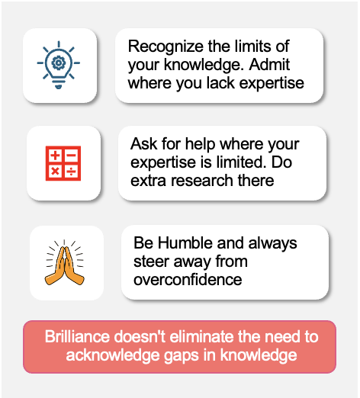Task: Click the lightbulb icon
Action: click(x=59, y=65)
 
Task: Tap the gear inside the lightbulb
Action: click(x=59, y=63)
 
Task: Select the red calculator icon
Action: click(x=63, y=163)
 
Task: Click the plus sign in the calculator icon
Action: click(x=55, y=155)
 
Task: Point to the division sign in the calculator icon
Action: click(x=72, y=172)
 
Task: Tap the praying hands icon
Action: click(x=65, y=262)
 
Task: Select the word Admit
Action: click(x=269, y=65)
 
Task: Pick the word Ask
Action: click(x=143, y=144)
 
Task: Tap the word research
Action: click(x=202, y=181)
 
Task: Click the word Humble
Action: click(x=185, y=242)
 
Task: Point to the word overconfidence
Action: click(x=188, y=280)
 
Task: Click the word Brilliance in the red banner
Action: click(x=77, y=336)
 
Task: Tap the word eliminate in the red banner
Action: click(x=202, y=336)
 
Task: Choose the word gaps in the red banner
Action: click(x=182, y=356)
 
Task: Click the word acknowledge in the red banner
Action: click(x=113, y=355)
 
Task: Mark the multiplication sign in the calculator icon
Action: click(x=55, y=172)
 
